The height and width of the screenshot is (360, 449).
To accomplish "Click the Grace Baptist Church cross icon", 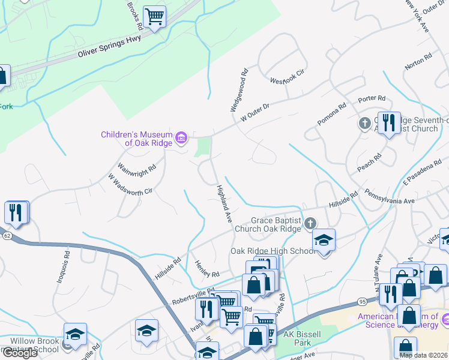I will [310, 224].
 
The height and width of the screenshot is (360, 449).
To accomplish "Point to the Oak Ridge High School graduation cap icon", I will [324, 240].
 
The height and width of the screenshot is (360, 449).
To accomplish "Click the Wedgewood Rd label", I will [238, 89].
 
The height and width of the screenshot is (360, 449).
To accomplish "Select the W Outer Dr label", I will [256, 112].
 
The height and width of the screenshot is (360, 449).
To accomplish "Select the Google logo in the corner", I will [19, 353].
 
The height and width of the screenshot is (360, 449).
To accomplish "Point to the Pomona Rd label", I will [332, 114].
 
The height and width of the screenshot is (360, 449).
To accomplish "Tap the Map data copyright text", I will [423, 355].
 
